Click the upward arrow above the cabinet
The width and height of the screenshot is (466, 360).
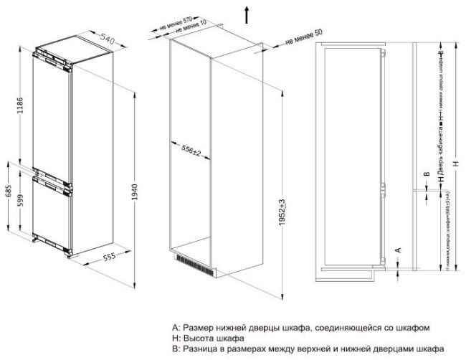point(246,12)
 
